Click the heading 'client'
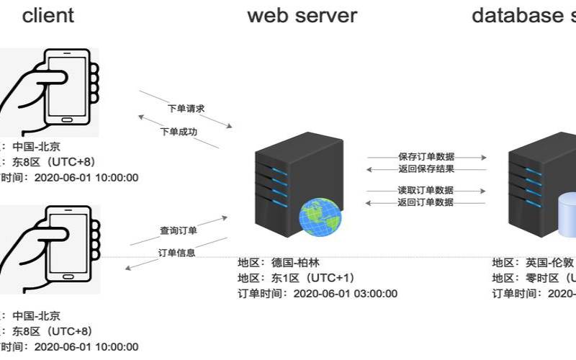click(48, 15)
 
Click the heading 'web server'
click(302, 15)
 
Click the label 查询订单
click(179, 230)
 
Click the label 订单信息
click(176, 253)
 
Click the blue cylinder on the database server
click(567, 216)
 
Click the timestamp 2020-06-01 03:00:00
click(346, 293)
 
